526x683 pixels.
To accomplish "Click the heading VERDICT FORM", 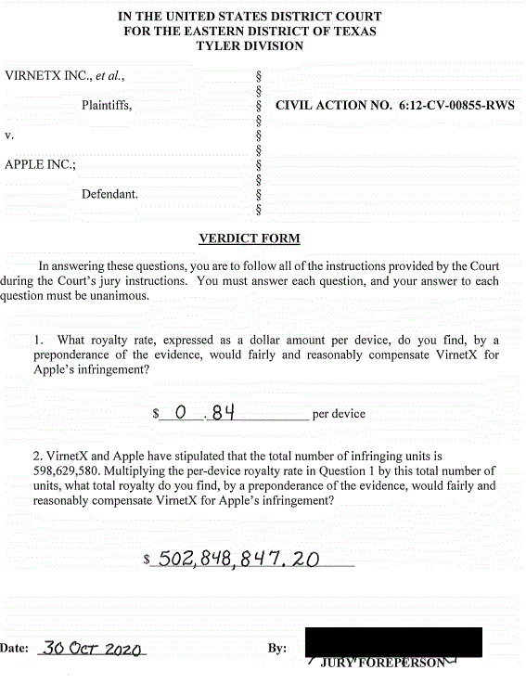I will point(250,238).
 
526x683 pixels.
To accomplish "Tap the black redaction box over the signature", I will point(393,642).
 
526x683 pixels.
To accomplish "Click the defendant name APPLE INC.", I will point(41,165).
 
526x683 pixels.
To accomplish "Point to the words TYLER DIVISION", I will point(250,46).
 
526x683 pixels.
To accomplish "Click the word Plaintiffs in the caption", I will point(107,106).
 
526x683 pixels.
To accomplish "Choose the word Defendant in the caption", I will point(109,195).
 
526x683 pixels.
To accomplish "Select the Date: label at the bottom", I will point(15,649).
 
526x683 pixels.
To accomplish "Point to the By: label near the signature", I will point(276,649).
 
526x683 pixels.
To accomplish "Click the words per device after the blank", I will point(339,414).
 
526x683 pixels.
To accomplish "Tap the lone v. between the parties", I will point(9,135).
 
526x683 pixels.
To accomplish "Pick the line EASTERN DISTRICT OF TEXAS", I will point(250,32).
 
